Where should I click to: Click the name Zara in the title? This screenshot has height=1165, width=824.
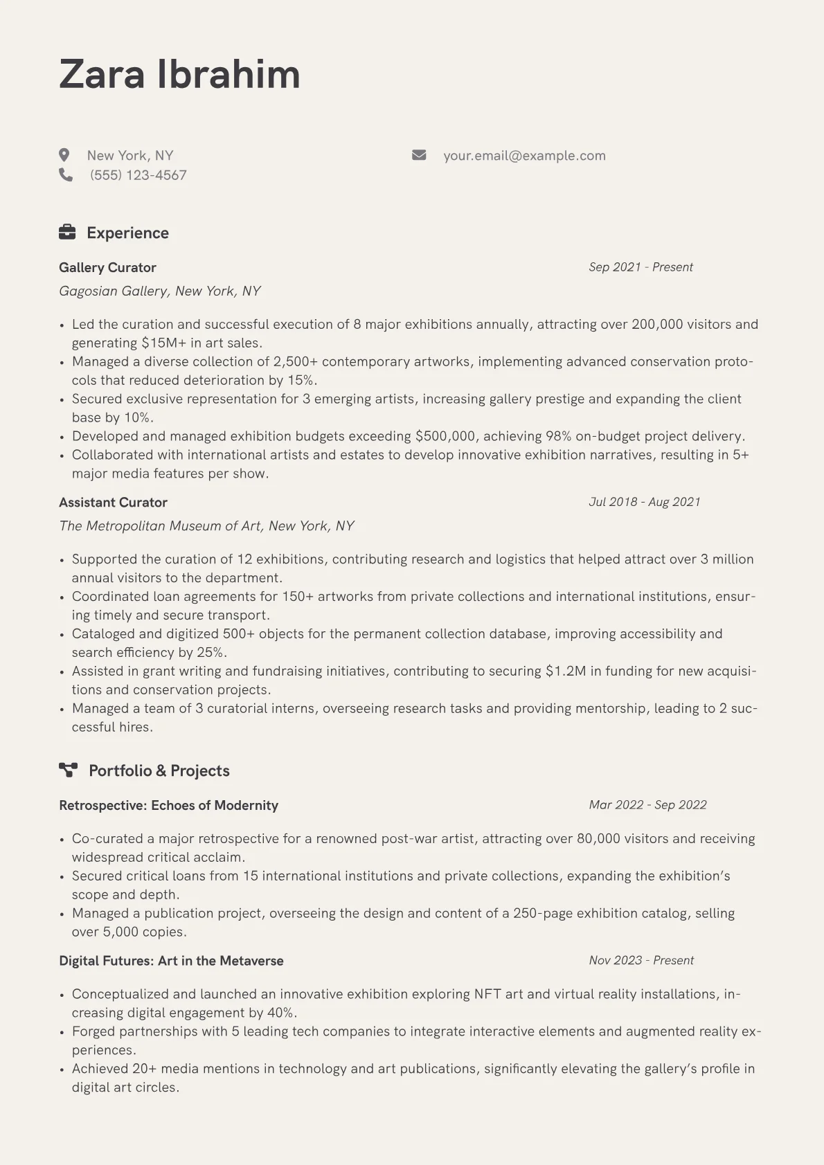[102, 74]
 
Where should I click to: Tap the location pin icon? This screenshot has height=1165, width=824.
[64, 155]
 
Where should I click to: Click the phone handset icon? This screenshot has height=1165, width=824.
[66, 174]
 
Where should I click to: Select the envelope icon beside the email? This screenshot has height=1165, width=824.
[419, 155]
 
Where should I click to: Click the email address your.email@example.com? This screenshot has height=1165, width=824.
[524, 156]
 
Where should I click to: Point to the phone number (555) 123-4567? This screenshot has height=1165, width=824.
[138, 175]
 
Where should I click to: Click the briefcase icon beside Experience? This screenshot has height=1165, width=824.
[67, 233]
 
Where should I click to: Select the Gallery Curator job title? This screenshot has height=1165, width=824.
[107, 268]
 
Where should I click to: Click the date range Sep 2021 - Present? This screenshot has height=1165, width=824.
[641, 267]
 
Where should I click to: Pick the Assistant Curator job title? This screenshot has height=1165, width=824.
[113, 503]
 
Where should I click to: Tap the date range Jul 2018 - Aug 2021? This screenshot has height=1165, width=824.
[644, 502]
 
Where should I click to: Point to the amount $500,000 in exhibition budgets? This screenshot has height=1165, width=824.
[445, 437]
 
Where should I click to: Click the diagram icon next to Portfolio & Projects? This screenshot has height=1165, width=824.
[68, 770]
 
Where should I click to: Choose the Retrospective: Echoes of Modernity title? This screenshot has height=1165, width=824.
[168, 806]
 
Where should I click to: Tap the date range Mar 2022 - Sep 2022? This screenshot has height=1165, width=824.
[647, 805]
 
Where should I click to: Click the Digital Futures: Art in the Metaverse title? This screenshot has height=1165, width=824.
[171, 961]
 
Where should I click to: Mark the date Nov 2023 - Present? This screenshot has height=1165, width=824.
[641, 961]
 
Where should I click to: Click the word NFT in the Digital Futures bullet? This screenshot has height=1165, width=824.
[487, 995]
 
